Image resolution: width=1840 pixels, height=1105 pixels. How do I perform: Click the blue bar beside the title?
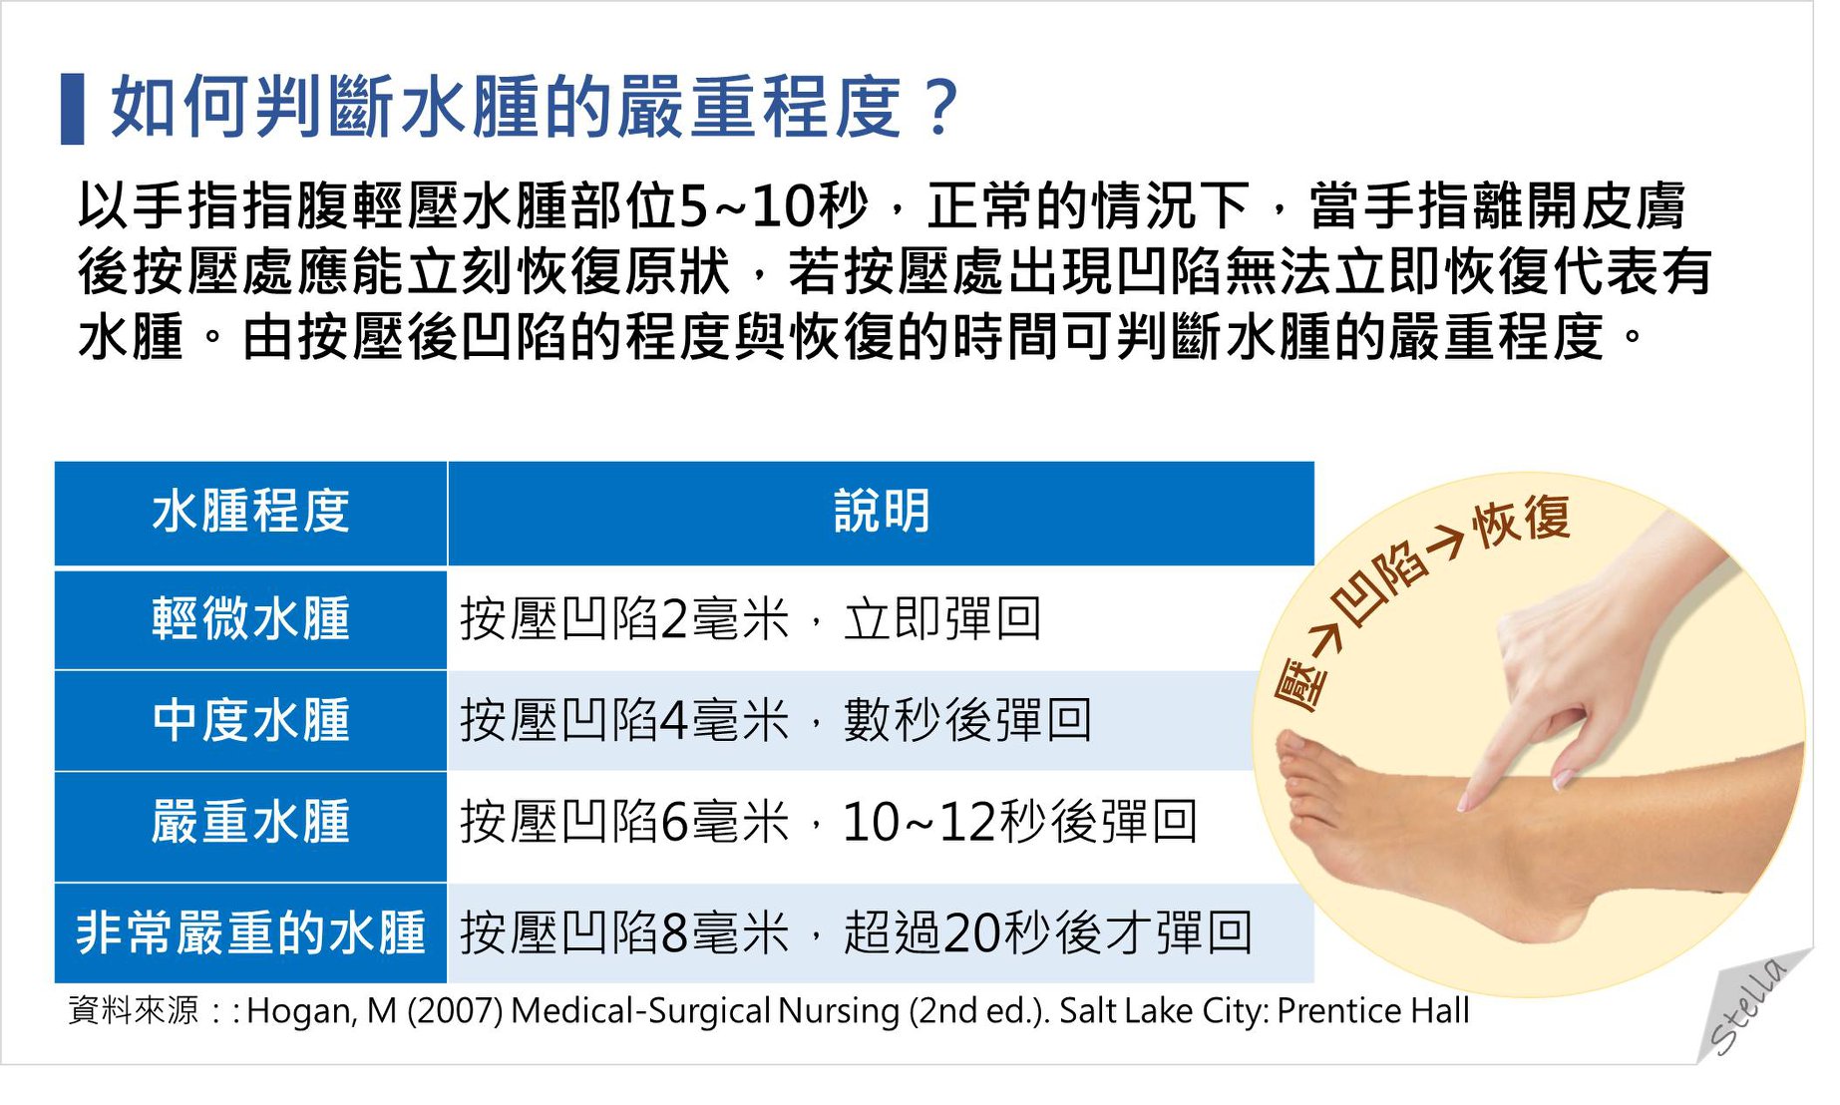click(72, 109)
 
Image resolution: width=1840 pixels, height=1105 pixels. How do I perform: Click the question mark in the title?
click(940, 108)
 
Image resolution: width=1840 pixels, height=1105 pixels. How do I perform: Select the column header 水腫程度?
click(250, 512)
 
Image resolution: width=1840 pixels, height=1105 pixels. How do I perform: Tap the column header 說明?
click(882, 512)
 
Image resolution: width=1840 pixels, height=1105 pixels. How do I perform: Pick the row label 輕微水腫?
click(250, 618)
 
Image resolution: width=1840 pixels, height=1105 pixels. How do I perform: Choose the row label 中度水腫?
click(250, 720)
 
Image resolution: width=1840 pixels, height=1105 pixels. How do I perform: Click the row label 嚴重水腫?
click(250, 823)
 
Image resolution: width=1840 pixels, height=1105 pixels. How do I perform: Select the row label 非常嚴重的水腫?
click(250, 932)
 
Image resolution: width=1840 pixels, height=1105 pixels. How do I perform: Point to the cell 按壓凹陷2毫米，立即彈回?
click(751, 618)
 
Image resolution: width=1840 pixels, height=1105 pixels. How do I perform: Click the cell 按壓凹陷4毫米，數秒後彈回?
click(776, 720)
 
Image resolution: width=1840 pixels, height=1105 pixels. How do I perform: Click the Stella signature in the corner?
click(1747, 1005)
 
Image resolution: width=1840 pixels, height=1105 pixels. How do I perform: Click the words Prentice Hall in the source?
click(1372, 1011)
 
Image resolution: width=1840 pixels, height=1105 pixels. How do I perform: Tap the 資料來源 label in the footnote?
click(134, 1011)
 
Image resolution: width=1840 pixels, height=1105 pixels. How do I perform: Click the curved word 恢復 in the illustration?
click(1522, 520)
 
